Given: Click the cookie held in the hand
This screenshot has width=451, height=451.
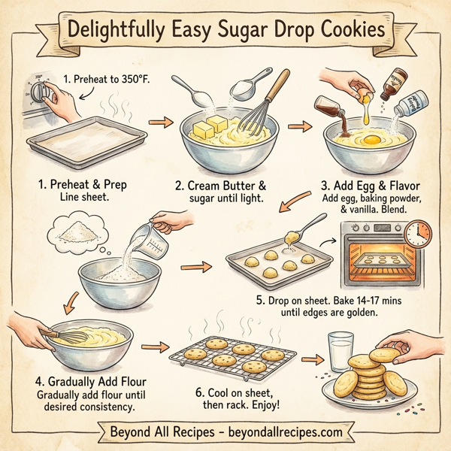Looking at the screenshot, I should click(383, 353).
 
